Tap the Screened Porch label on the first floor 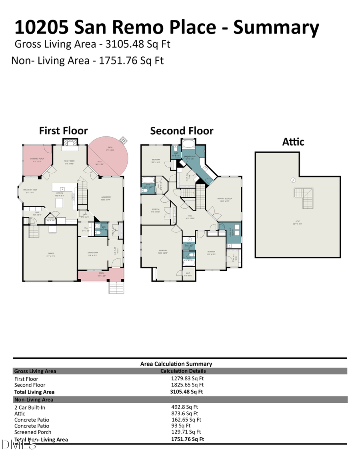(x=37, y=160)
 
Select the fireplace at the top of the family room (x=70, y=142)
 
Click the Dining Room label (x=93, y=253)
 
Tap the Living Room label (x=106, y=198)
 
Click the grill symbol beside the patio (x=124, y=141)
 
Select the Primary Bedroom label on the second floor (x=225, y=200)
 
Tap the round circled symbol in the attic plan (x=293, y=180)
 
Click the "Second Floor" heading (x=182, y=131)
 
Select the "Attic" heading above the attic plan (x=293, y=142)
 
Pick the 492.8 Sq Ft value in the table (x=184, y=407)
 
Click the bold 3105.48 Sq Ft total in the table (x=186, y=392)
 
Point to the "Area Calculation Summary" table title (x=176, y=364)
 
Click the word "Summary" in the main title (x=276, y=28)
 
